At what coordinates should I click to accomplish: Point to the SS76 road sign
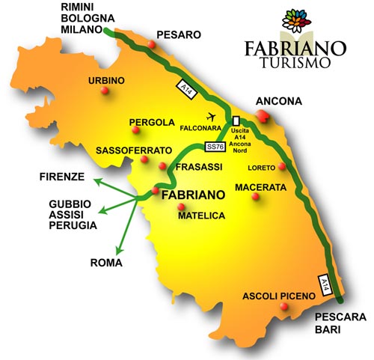[215, 147]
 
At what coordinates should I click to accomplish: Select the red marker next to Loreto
[282, 167]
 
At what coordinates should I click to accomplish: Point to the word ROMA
[105, 263]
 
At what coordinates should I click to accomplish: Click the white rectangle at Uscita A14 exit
[236, 120]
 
